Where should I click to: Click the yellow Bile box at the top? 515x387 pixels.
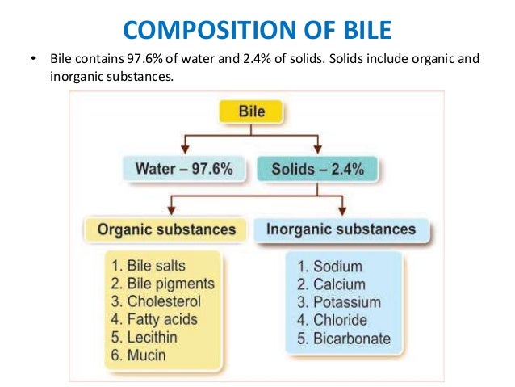(x=252, y=110)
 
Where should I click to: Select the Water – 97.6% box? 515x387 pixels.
(x=184, y=170)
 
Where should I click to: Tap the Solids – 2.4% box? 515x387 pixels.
(x=316, y=170)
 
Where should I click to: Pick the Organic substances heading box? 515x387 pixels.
(x=166, y=229)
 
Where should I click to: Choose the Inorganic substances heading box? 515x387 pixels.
(x=340, y=229)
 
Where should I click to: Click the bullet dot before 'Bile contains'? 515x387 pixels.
(x=32, y=61)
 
